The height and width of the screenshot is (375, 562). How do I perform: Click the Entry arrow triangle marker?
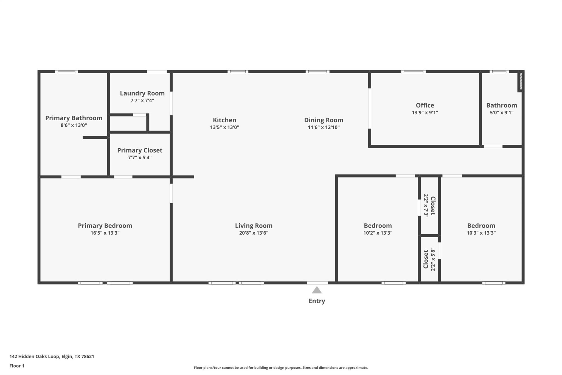[x=317, y=290]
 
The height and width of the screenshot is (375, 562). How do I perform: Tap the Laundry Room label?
[x=142, y=93]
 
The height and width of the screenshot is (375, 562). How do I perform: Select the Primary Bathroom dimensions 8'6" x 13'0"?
[x=74, y=125]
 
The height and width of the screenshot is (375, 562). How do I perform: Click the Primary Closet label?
[x=140, y=150]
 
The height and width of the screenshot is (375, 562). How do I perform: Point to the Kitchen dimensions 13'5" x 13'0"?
[x=224, y=127]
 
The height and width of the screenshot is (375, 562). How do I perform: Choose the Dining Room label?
[x=324, y=120]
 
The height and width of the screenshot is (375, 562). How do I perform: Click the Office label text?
[x=425, y=105]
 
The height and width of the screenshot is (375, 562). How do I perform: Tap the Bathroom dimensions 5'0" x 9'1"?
[x=501, y=112]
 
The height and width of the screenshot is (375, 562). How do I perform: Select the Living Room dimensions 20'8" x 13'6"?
[x=254, y=233]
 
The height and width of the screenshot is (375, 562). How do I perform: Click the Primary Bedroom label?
[x=105, y=226]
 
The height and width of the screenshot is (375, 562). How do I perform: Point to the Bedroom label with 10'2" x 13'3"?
[x=378, y=226]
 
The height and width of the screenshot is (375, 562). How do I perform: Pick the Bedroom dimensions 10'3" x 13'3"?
[x=481, y=233]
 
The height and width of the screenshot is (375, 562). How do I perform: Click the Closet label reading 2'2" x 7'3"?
[x=433, y=205]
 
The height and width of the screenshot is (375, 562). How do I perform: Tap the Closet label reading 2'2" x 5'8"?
[x=426, y=259]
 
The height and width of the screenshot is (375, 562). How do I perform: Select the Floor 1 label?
[x=17, y=366]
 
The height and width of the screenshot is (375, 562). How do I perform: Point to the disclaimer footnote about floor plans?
[x=281, y=368]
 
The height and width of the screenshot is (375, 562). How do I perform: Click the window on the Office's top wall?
[x=413, y=72]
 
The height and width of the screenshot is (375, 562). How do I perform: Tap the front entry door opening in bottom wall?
[x=317, y=283]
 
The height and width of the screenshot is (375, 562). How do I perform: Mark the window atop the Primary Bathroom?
[x=66, y=72]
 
